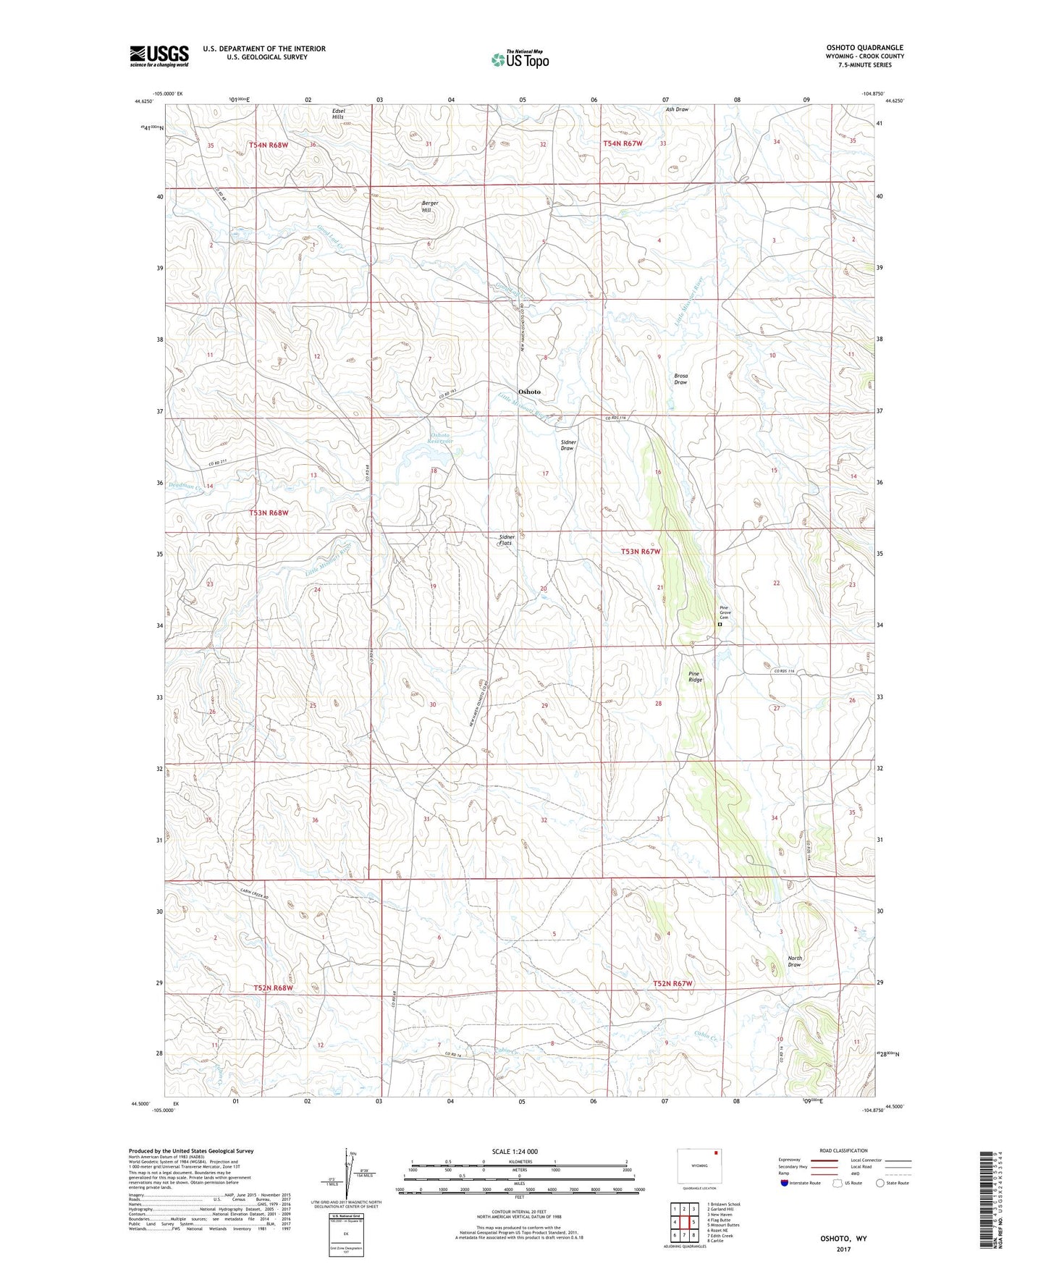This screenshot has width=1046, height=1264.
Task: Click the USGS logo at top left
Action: click(x=159, y=56)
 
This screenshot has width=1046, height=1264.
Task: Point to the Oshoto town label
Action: click(x=529, y=392)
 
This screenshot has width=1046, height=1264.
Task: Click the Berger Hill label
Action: click(x=430, y=206)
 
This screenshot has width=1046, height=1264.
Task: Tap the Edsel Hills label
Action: click(x=338, y=114)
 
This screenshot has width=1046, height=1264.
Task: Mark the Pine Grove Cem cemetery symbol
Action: click(x=720, y=624)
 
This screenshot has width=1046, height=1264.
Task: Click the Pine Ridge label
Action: click(x=695, y=677)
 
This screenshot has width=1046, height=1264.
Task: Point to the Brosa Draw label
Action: click(x=680, y=379)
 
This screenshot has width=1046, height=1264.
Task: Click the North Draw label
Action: click(x=794, y=961)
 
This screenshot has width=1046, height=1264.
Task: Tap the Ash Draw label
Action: click(x=677, y=109)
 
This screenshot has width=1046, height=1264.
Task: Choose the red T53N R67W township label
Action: click(x=641, y=552)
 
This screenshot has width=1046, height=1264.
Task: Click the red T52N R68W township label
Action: click(x=274, y=987)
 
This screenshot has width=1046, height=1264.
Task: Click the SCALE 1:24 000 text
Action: click(x=515, y=1151)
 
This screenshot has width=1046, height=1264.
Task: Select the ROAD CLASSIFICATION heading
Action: click(x=843, y=1150)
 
